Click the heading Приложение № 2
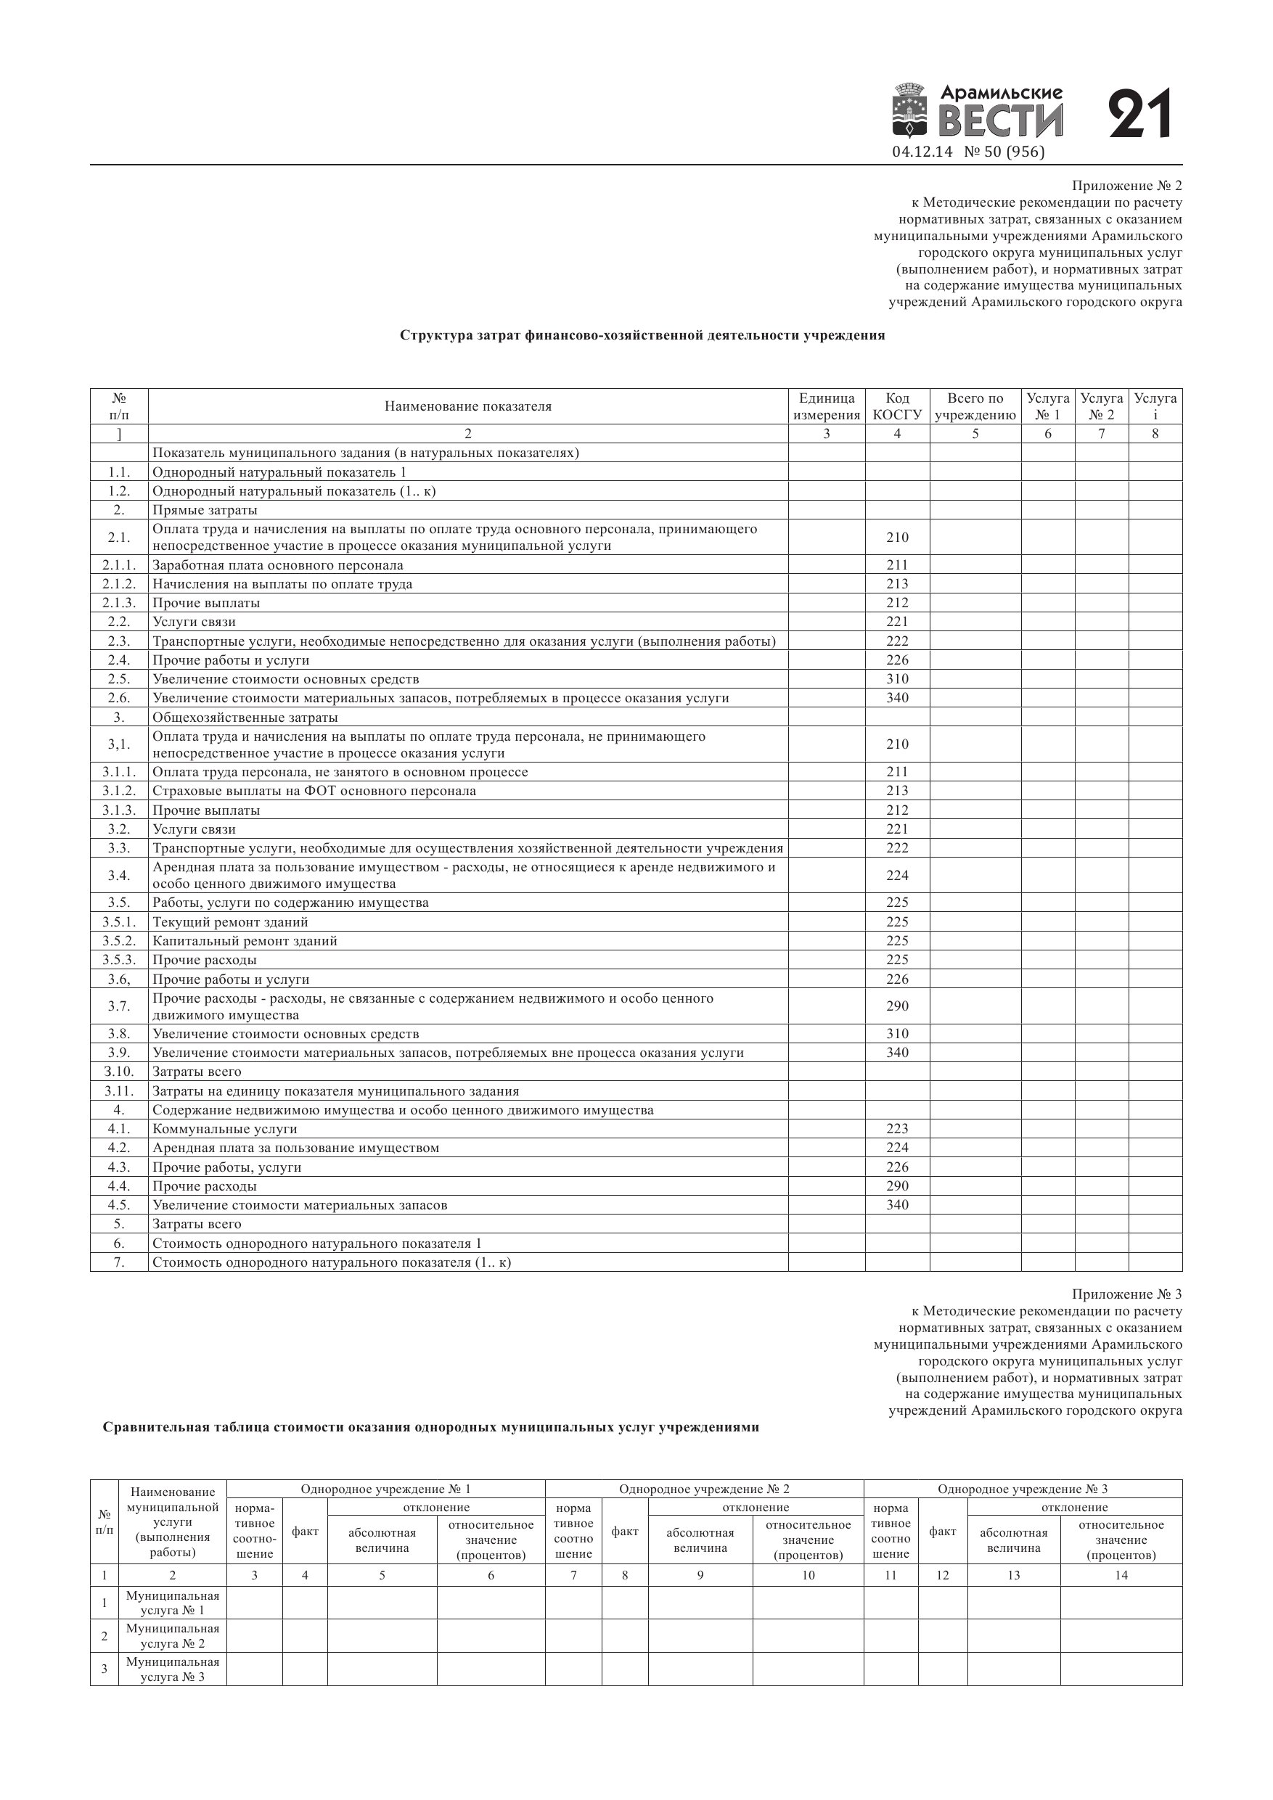point(1126,186)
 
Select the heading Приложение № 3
point(1126,1294)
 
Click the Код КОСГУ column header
point(896,406)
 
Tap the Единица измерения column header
point(826,406)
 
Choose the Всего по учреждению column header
point(975,406)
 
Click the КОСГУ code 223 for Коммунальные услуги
point(896,1129)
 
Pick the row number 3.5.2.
point(118,941)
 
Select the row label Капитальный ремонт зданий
point(245,941)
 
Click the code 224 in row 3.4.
point(896,875)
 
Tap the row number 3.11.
point(118,1091)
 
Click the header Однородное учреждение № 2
point(703,1489)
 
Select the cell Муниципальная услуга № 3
point(173,1669)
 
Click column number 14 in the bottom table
point(1121,1575)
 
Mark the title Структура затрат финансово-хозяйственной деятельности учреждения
point(642,335)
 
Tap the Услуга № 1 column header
point(1047,406)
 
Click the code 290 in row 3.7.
point(896,1006)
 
